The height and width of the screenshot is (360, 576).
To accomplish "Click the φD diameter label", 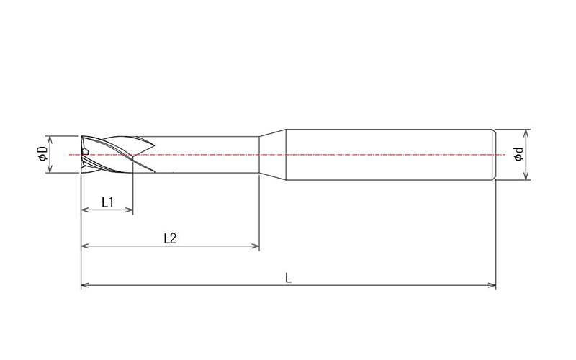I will tap(42, 153).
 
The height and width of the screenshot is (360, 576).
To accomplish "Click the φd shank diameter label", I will tap(518, 154).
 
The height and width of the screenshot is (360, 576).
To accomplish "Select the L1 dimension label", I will tap(107, 202).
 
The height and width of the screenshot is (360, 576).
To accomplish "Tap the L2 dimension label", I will tap(170, 238).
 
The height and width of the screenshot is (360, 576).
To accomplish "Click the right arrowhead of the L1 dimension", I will tap(130, 210).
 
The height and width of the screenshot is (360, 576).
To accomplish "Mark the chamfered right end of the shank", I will tap(495, 154).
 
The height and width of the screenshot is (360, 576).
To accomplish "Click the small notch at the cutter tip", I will tap(85, 152).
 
